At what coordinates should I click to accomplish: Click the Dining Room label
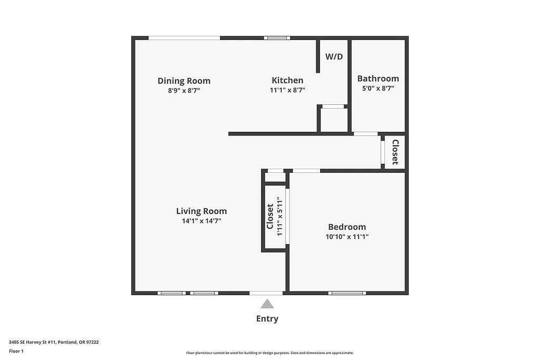tap(184, 81)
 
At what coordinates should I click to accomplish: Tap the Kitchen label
tap(287, 80)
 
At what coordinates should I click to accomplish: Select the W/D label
tap(334, 56)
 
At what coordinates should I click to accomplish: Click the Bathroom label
tap(378, 79)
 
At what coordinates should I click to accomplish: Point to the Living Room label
tap(201, 211)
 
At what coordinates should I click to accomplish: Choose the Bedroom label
tap(347, 227)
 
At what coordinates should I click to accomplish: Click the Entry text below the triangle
tap(267, 318)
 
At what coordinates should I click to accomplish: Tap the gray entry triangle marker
tap(267, 304)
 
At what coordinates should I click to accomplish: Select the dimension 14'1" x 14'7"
tap(201, 221)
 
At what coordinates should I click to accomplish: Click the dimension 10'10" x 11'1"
tap(347, 237)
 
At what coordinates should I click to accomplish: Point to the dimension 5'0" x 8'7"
tap(378, 89)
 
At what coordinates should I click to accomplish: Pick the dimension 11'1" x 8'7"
tap(287, 90)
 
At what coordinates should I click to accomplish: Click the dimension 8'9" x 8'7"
tap(184, 90)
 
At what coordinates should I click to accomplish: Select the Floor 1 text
tap(16, 351)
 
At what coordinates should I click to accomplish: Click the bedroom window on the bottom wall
tap(346, 293)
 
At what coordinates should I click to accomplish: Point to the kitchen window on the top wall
tap(277, 38)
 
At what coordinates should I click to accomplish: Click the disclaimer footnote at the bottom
tap(270, 353)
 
